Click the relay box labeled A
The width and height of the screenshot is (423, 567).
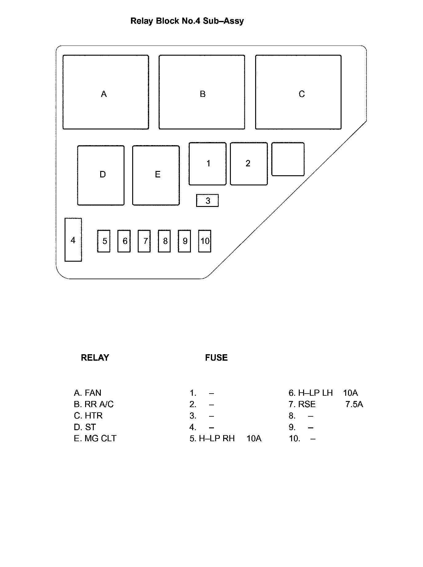click(x=106, y=92)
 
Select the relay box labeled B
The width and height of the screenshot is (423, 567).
click(x=202, y=92)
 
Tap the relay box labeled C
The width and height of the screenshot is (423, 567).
click(x=298, y=92)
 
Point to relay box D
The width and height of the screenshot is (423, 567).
click(x=101, y=175)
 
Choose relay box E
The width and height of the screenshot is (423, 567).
click(x=156, y=175)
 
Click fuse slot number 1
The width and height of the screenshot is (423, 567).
click(x=208, y=164)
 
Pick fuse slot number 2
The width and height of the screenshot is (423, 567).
click(x=249, y=164)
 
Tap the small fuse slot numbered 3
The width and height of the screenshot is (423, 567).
click(x=208, y=200)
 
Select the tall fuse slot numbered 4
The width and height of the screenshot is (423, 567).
click(x=73, y=240)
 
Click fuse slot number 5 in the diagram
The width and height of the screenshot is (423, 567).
click(x=104, y=241)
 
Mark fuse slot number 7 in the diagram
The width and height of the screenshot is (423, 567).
click(x=144, y=241)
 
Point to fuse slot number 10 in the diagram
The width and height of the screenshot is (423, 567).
click(x=205, y=241)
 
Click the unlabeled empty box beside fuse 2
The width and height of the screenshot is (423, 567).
click(x=288, y=159)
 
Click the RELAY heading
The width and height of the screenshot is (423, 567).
click(x=95, y=358)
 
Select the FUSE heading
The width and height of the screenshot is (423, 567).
click(x=216, y=358)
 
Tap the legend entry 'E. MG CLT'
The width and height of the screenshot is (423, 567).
click(x=95, y=438)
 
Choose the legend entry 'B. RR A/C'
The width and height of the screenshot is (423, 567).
click(x=94, y=404)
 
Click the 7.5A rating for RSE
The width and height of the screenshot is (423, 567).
click(x=354, y=404)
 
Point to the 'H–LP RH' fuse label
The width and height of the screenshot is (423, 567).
click(x=217, y=438)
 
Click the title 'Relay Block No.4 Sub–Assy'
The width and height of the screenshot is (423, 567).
click(x=187, y=21)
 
